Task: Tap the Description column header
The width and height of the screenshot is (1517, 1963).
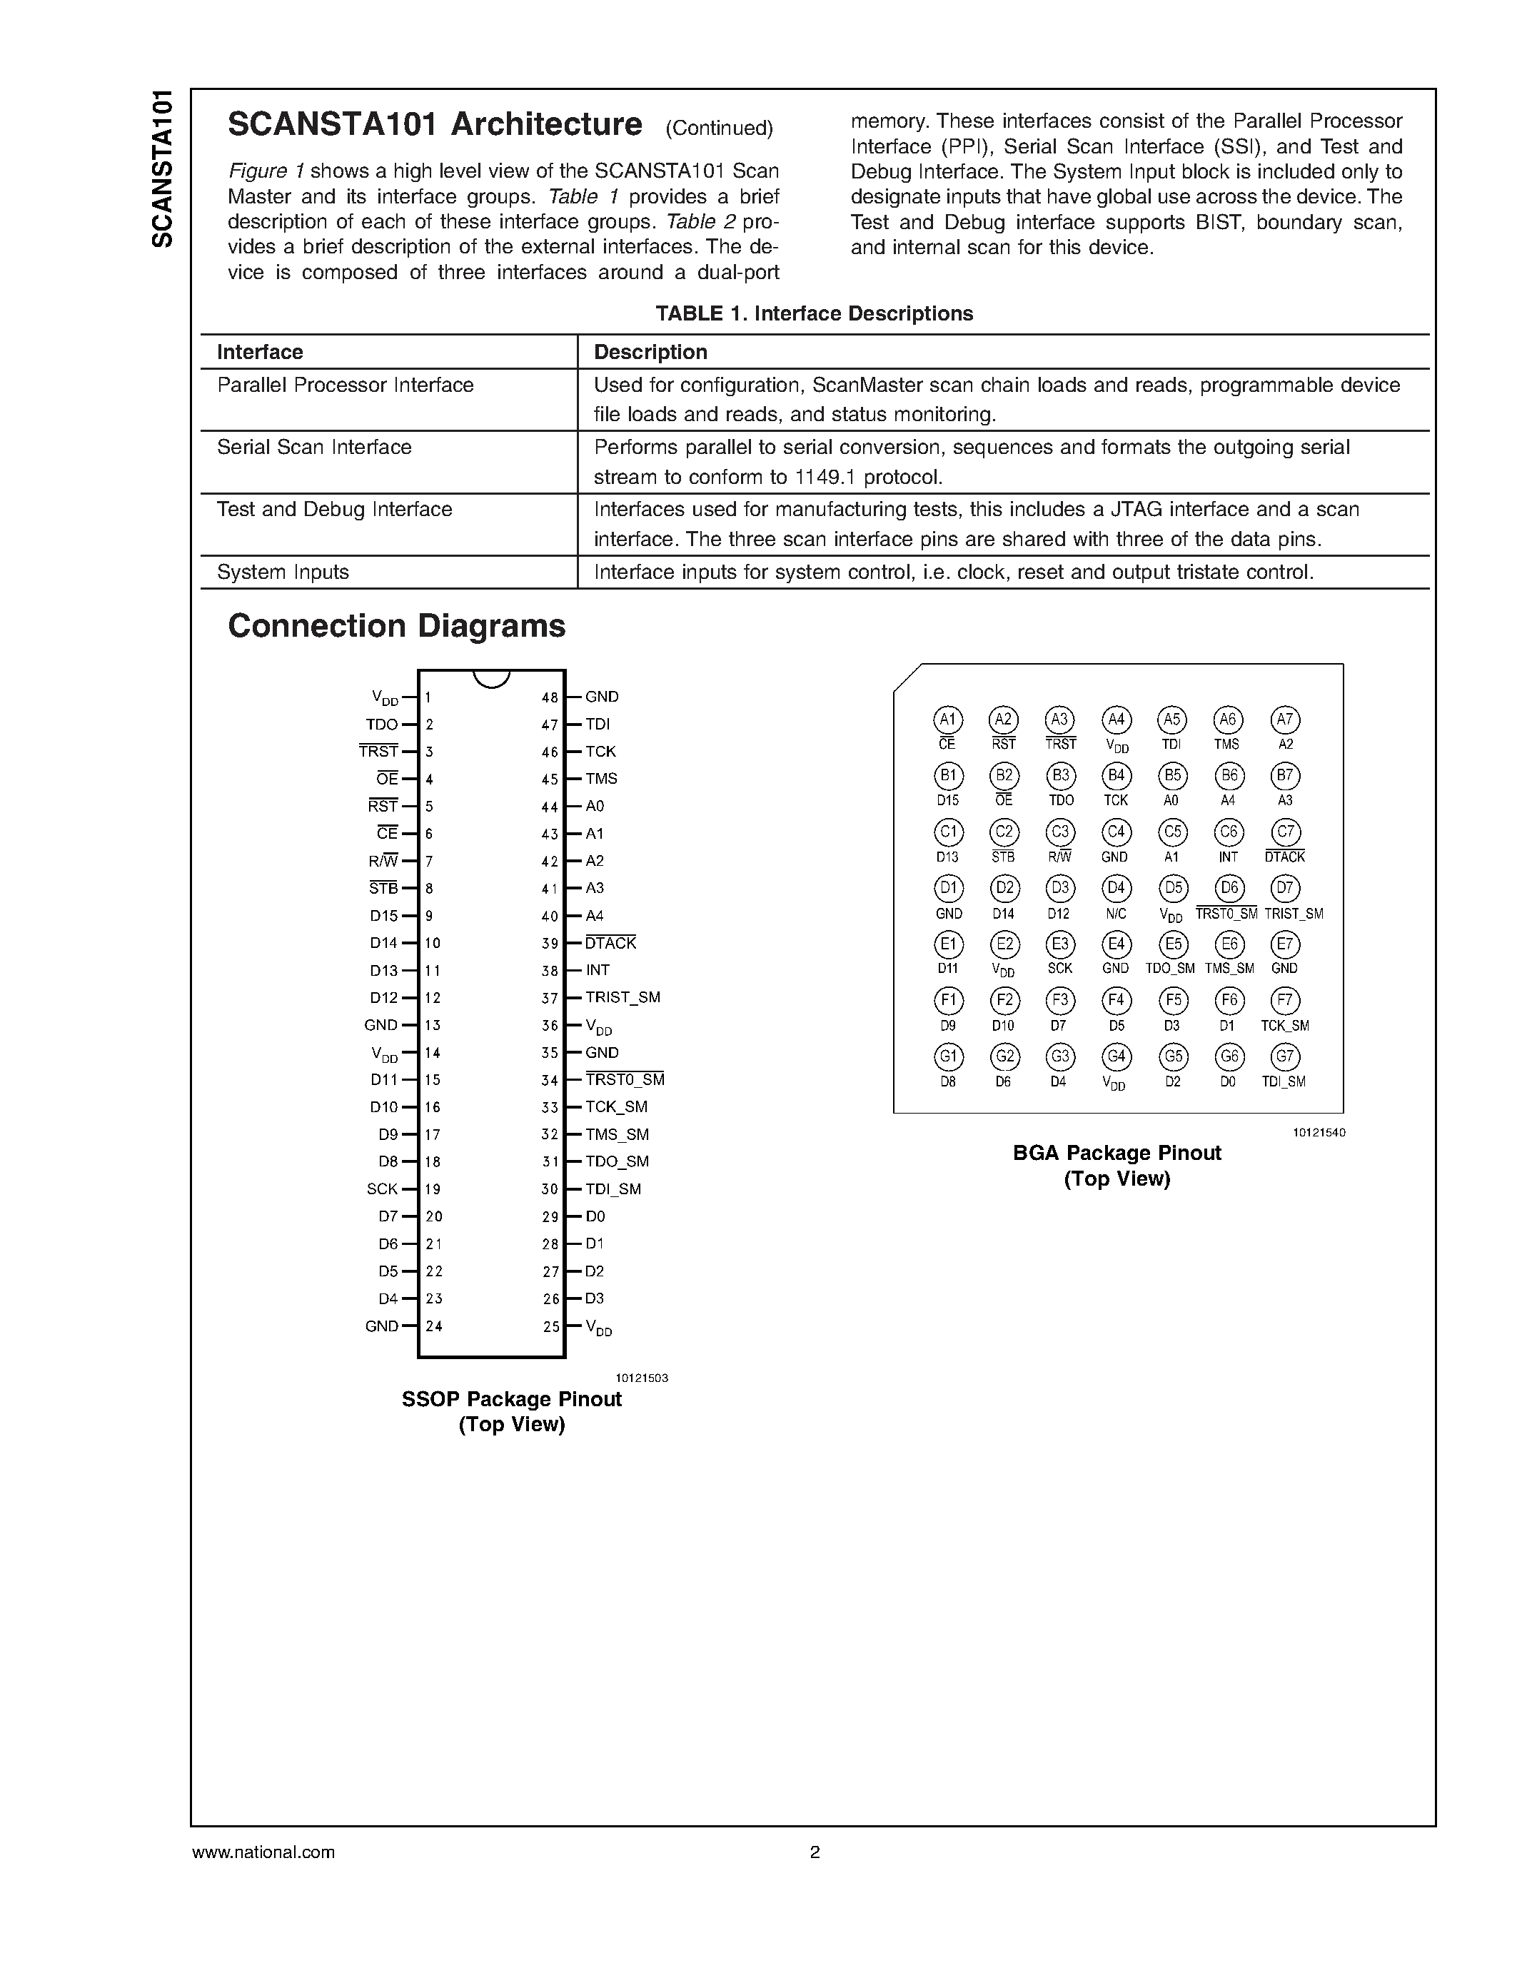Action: (650, 353)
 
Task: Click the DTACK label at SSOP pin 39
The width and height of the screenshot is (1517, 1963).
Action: (610, 943)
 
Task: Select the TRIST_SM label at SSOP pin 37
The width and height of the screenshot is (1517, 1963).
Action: (622, 998)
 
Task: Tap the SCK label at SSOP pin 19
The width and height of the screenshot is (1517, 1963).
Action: (382, 1189)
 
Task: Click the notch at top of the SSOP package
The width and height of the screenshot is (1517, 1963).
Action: (492, 680)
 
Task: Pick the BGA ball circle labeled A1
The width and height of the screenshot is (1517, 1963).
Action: (948, 720)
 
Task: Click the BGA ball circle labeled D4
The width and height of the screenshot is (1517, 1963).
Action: (1117, 889)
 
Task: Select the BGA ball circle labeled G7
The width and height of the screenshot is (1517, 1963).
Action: (1285, 1057)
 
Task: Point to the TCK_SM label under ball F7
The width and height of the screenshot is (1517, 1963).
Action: (1284, 1026)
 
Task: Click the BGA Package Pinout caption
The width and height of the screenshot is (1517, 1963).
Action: (1117, 1153)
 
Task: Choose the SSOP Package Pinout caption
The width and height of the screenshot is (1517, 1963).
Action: (511, 1400)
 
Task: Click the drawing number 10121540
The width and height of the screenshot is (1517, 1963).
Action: (1319, 1133)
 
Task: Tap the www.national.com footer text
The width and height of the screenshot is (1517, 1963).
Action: (263, 1852)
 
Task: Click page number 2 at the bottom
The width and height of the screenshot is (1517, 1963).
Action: (815, 1852)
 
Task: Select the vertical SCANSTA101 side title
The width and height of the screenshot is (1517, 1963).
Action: (162, 169)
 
